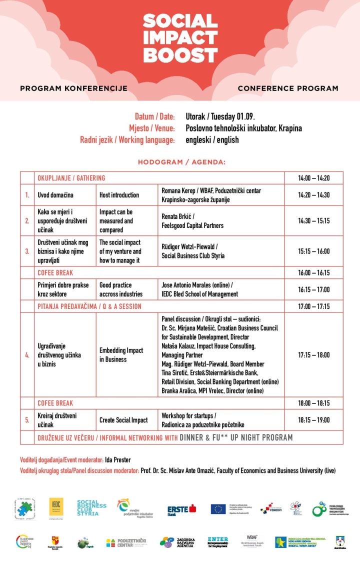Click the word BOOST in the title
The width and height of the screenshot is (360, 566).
click(x=180, y=54)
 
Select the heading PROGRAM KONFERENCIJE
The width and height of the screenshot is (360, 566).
click(x=73, y=88)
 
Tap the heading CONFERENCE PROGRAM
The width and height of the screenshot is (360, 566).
click(x=288, y=88)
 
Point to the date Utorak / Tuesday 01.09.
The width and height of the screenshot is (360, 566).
click(x=220, y=116)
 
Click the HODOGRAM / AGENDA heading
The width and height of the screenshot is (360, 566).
click(x=181, y=162)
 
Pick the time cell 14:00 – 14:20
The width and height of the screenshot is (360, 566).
click(x=313, y=178)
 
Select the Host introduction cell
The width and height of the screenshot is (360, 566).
click(x=119, y=194)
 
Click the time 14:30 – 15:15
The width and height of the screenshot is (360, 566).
click(x=313, y=221)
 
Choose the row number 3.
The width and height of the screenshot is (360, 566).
click(x=27, y=251)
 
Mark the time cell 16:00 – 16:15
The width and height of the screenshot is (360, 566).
click(x=313, y=272)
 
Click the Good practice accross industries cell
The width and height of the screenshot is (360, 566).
click(x=121, y=289)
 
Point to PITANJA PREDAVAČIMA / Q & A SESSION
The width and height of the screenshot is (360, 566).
click(x=89, y=306)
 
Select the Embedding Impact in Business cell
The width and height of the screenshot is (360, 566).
click(x=121, y=355)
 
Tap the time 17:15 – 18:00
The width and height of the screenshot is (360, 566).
click(x=313, y=355)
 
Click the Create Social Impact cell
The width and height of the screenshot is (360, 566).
click(x=123, y=420)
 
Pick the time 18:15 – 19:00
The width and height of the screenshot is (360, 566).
click(x=313, y=420)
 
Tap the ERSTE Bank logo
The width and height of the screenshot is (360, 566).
click(x=181, y=509)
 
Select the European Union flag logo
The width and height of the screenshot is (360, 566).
click(x=218, y=509)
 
